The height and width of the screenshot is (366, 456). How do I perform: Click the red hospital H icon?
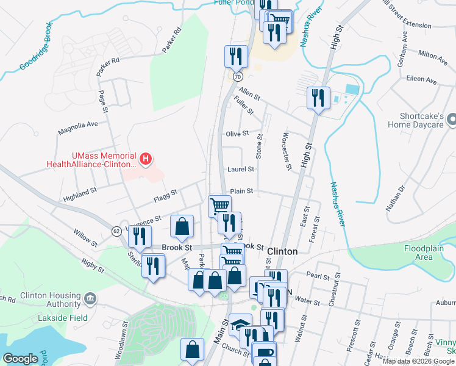pos(146,160)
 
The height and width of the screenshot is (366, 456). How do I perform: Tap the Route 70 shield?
pos(238,76)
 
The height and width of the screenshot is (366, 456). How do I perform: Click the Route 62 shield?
pos(116,231)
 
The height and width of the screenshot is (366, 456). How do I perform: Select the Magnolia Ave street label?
pos(78,124)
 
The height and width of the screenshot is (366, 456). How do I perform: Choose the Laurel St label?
pos(240,169)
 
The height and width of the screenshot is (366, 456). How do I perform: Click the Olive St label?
pos(237,134)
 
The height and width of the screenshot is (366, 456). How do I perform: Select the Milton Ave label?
pos(433,55)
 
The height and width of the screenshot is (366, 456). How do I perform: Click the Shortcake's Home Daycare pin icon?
pos(452,120)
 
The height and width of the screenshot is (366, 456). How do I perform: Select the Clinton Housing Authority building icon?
pos(90,298)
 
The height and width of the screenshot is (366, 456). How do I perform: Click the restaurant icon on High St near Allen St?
pos(318,98)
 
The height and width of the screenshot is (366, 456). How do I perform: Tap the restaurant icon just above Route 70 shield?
pos(235,56)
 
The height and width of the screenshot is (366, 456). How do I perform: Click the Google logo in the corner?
pos(21,359)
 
